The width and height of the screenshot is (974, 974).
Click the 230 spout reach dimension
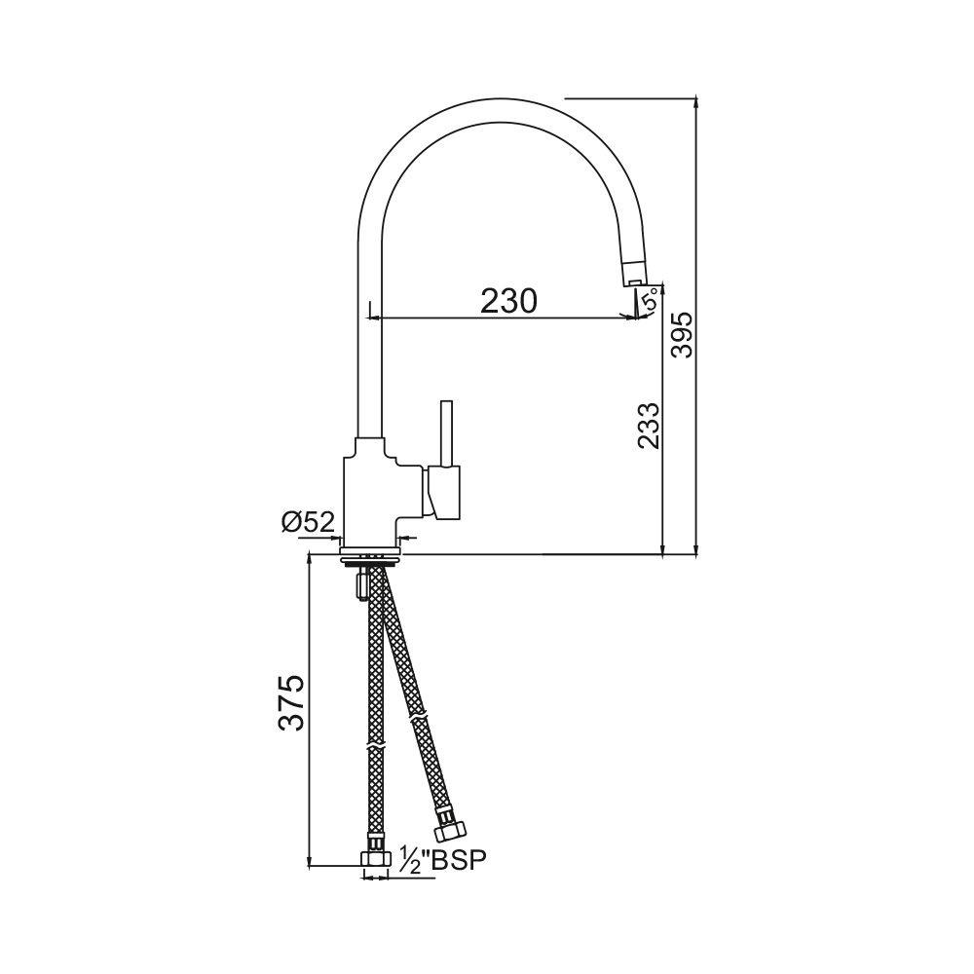tap(508, 301)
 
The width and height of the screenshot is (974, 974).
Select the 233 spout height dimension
tap(649, 426)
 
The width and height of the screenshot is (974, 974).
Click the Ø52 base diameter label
tap(309, 522)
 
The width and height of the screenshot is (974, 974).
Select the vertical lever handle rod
tap(446, 433)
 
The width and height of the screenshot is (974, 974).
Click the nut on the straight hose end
tap(375, 859)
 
